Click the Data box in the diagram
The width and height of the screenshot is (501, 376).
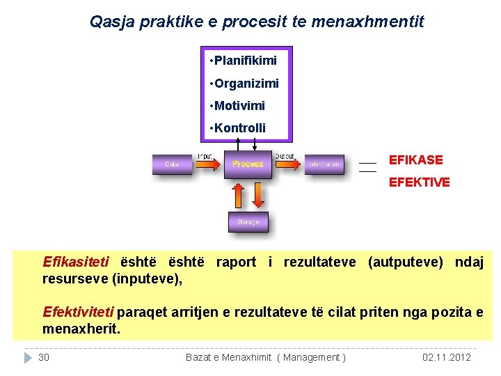171,164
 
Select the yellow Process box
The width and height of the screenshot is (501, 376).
248,164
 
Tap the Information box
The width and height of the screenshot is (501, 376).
324,164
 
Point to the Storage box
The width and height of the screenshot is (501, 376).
248,221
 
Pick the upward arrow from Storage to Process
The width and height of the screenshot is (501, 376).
238,196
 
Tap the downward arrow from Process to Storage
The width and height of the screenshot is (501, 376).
258,196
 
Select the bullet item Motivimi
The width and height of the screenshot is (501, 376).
239,106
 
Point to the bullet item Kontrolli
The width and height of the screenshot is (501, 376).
240,128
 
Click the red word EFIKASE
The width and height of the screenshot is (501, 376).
415,160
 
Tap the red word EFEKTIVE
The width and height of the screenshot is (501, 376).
419,182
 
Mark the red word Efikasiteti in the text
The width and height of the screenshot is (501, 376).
75,263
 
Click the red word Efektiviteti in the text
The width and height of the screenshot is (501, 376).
79,311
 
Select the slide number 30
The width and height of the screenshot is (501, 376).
44,357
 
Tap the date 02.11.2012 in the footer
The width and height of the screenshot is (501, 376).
447,357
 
